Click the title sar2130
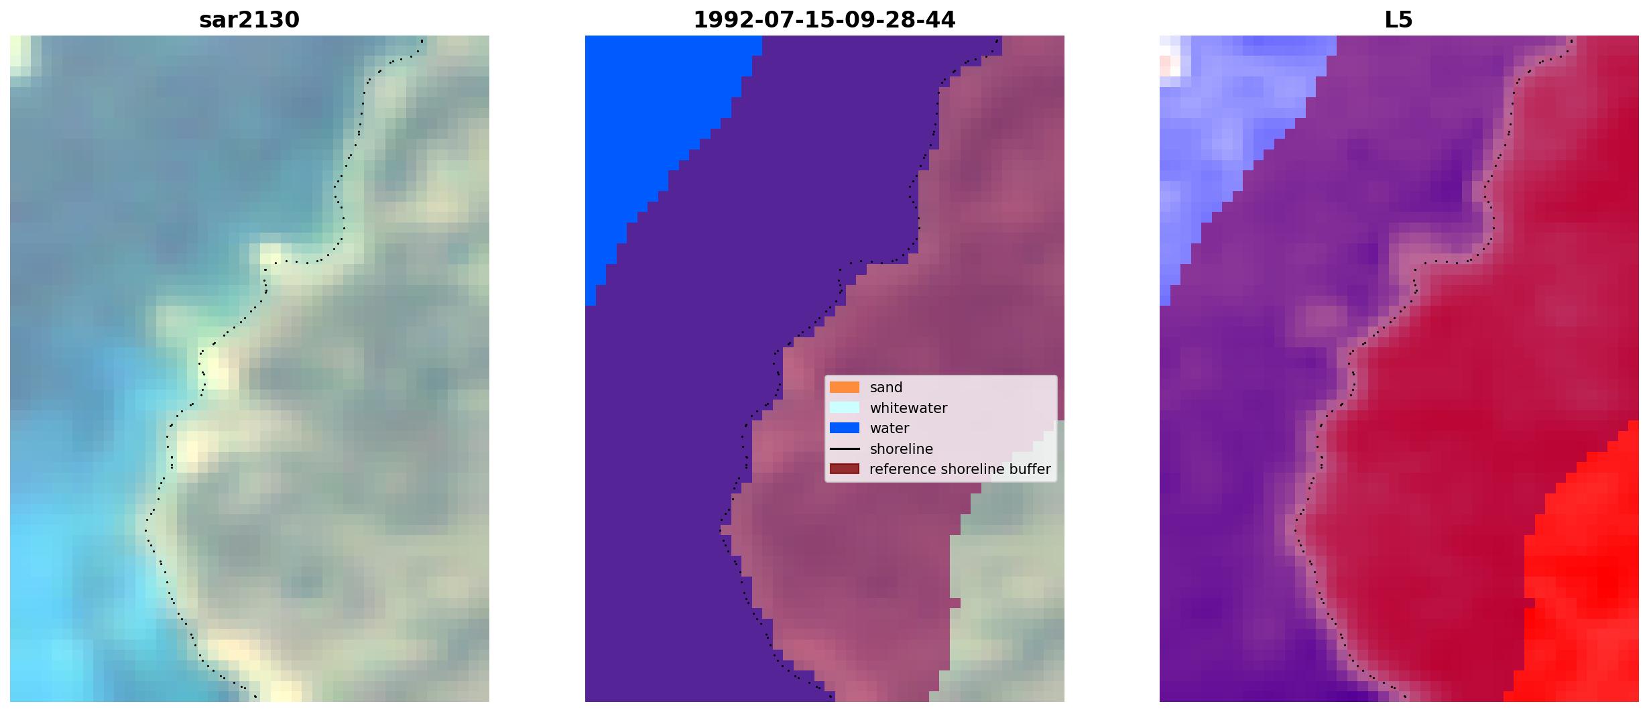tap(249, 20)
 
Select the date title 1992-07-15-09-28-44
tap(824, 20)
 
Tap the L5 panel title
tap(1398, 20)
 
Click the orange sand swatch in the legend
tap(845, 388)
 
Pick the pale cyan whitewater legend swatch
tap(845, 408)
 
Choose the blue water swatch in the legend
tap(845, 428)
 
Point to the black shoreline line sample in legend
tap(845, 449)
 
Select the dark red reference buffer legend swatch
tap(845, 469)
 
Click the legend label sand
tap(886, 388)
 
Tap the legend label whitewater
tap(908, 408)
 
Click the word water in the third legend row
tap(890, 428)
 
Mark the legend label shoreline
tap(902, 449)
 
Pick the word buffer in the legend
tap(1030, 469)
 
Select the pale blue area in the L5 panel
tap(1227, 134)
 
